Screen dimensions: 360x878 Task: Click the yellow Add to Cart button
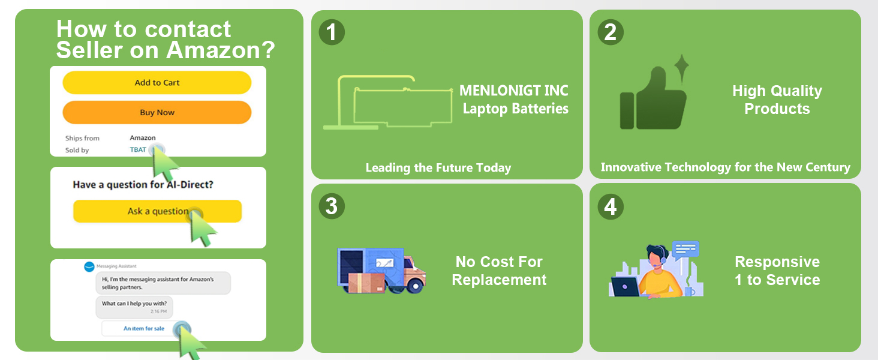[x=157, y=83]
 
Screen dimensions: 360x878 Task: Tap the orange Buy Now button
[x=157, y=112]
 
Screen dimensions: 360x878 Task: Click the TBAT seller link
[x=138, y=150]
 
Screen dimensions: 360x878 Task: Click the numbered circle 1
[x=331, y=32]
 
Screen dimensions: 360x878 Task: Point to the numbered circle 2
[x=610, y=32]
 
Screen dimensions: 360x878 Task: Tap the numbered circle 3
[x=331, y=206]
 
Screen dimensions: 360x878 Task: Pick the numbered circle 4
[x=610, y=206]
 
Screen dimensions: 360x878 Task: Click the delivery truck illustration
[x=381, y=270]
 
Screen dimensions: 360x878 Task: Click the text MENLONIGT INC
[x=514, y=91]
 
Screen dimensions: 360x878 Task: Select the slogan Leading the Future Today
[x=438, y=168]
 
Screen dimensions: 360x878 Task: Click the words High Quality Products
[x=777, y=100]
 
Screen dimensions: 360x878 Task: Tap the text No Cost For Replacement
[x=499, y=271]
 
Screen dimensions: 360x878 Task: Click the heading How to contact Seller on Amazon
[x=165, y=40]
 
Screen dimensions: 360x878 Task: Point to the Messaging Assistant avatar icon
[x=89, y=266]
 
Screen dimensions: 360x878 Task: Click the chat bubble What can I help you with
[x=135, y=307]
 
